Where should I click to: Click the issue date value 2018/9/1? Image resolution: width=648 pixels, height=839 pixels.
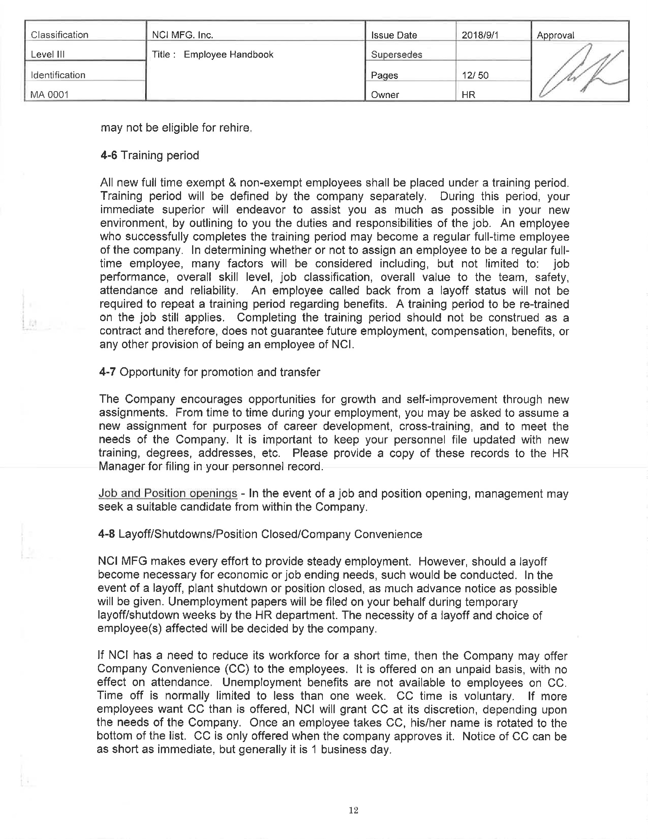[480, 35]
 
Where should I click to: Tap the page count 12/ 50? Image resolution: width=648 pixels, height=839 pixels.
[475, 75]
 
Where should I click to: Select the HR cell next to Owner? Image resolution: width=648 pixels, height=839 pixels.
[468, 95]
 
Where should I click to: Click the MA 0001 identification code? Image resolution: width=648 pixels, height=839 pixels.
[49, 95]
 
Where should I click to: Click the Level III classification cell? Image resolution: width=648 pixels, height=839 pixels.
[48, 55]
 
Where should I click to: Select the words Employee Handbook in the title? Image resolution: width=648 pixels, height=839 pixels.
[228, 55]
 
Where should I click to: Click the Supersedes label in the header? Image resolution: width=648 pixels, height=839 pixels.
[396, 55]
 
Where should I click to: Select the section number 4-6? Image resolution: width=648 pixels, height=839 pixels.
[109, 156]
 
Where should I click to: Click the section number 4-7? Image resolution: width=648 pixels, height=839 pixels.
[107, 372]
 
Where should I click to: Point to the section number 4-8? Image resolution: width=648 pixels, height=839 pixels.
[106, 534]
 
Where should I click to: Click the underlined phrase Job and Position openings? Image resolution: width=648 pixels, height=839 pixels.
[168, 493]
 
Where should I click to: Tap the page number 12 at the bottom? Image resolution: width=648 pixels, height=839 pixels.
[354, 810]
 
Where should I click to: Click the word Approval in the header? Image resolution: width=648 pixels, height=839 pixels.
[555, 35]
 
